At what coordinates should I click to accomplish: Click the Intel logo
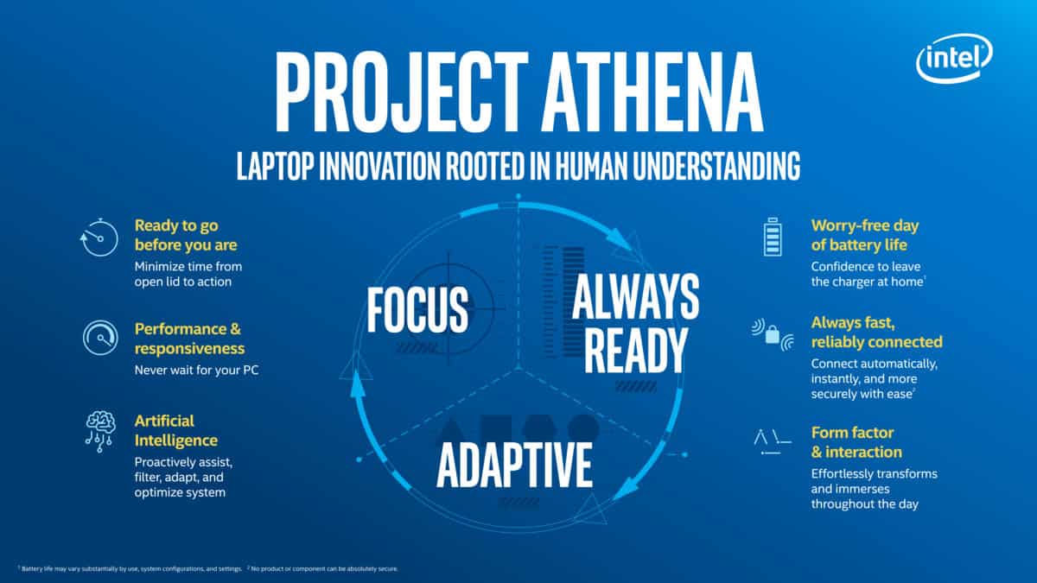coord(954,59)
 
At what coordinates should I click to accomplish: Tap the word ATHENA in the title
coord(652,92)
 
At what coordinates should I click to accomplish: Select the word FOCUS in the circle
coord(417,309)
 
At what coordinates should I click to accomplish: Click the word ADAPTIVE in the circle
coord(514,464)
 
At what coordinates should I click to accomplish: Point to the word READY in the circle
coord(636,351)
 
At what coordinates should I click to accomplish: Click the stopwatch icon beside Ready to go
coord(99,237)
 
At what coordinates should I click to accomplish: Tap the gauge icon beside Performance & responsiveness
coord(100,338)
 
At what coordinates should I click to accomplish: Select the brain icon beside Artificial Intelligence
coord(99,431)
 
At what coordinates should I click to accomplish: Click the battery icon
coord(773,237)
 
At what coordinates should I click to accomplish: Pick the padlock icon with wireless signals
coord(773,334)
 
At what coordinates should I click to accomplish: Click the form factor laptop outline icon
coord(772,442)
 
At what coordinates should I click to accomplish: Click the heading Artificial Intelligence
coord(176,431)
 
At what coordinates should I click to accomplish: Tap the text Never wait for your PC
coord(196,371)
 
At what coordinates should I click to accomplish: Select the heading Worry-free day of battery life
coord(865,235)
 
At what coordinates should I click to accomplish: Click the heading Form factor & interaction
coord(856,442)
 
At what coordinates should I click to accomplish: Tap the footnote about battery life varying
coord(130,568)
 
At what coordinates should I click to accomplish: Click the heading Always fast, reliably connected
coord(877,333)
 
